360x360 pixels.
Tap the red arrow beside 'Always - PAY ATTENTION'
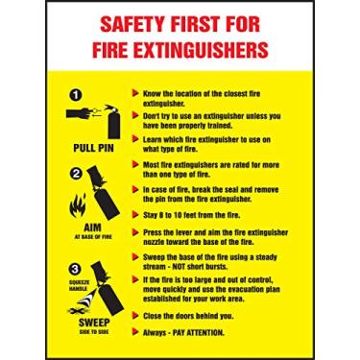coord(133,331)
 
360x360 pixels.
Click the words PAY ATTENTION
coord(200,331)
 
